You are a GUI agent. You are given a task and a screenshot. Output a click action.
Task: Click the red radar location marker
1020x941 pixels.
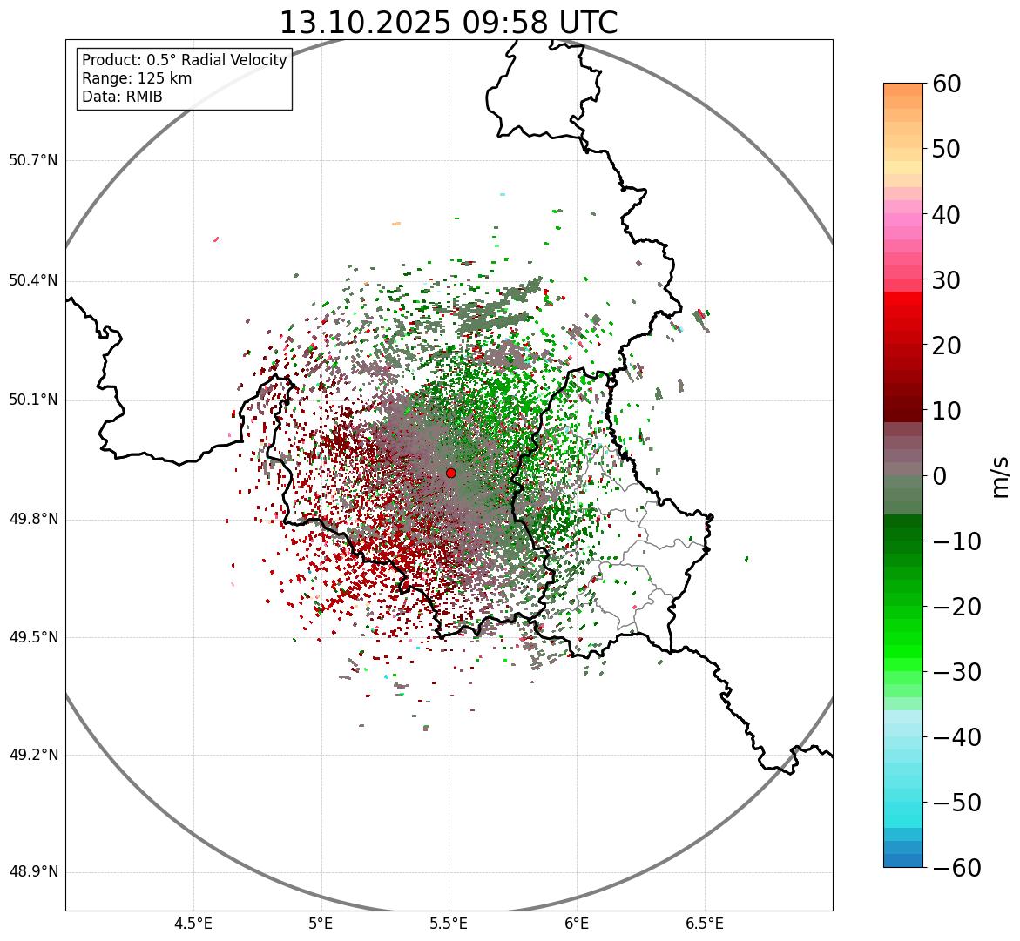[x=450, y=473]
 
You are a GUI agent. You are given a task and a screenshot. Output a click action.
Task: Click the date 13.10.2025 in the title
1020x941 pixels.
[x=365, y=23]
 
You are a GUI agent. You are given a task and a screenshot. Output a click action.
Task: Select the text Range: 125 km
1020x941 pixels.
[x=137, y=78]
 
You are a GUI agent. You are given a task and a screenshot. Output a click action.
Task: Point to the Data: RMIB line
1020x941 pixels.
[x=122, y=97]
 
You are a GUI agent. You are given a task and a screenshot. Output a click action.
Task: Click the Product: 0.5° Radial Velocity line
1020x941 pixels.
[x=184, y=60]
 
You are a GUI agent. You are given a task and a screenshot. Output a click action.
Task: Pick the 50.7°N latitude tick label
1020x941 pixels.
[x=33, y=161]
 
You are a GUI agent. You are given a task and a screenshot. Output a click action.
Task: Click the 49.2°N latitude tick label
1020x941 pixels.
[x=33, y=755]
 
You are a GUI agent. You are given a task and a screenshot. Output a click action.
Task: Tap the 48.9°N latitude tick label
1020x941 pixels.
[x=33, y=872]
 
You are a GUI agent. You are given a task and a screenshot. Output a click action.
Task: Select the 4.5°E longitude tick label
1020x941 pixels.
[x=193, y=923]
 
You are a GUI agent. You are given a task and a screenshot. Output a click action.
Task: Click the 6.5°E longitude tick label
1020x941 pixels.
[x=704, y=923]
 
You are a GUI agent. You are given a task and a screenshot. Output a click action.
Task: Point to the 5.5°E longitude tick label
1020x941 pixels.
[x=449, y=923]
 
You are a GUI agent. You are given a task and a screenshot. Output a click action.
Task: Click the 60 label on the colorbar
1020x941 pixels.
[x=947, y=84]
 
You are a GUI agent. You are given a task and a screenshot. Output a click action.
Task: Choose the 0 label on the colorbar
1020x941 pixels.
[x=939, y=476]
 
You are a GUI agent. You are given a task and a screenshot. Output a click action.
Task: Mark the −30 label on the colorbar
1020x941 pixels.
[x=956, y=672]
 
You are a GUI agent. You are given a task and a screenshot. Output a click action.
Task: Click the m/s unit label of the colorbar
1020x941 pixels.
[x=1000, y=475]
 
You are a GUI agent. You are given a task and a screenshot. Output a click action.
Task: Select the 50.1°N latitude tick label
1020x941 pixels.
[x=33, y=400]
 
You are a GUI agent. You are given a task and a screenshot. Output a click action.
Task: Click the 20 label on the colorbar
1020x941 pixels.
[x=947, y=346]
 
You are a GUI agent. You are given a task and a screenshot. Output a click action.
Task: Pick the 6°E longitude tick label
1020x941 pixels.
[x=577, y=923]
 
